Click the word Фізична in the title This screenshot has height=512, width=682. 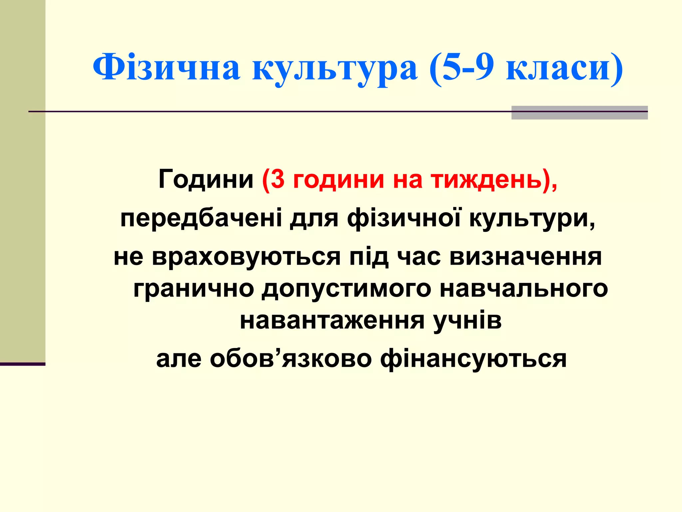click(x=166, y=68)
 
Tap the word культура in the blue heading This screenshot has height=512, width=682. click(x=335, y=68)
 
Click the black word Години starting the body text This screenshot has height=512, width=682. click(x=206, y=179)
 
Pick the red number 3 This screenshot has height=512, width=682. click(x=278, y=179)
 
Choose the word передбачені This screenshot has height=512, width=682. click(x=201, y=218)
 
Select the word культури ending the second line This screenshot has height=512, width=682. click(x=531, y=218)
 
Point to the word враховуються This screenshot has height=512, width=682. click(x=246, y=257)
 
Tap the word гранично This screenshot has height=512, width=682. click(x=193, y=289)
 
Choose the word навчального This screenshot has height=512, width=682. click(x=523, y=289)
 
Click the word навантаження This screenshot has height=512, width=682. click(x=332, y=321)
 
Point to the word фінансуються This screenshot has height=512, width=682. click(x=473, y=359)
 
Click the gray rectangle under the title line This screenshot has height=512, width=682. click(x=579, y=113)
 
